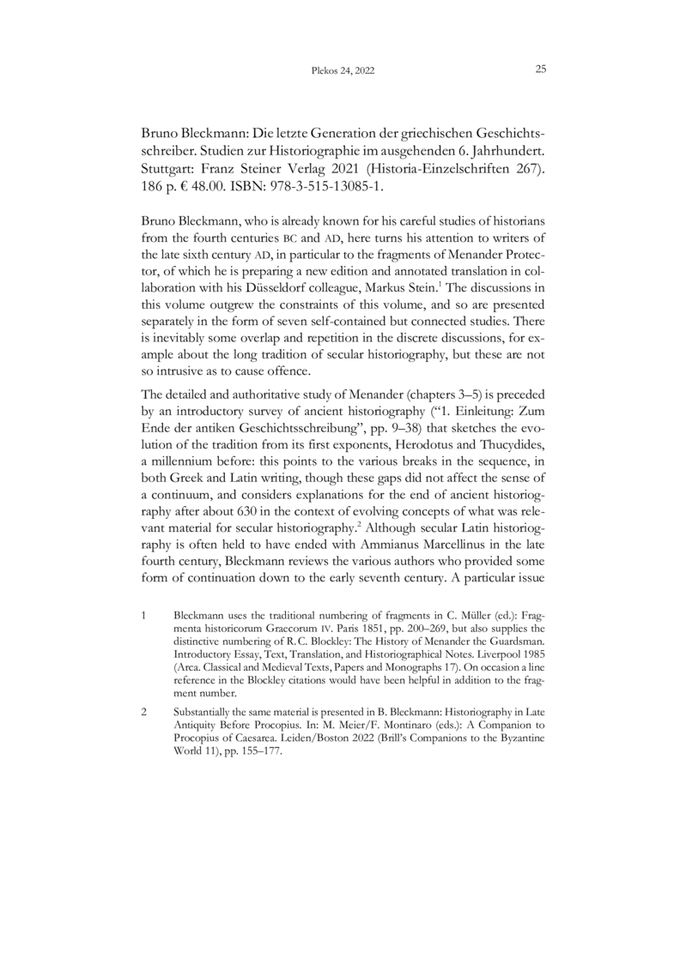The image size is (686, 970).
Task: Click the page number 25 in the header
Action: click(541, 69)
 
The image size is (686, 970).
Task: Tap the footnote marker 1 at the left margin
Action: click(143, 616)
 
